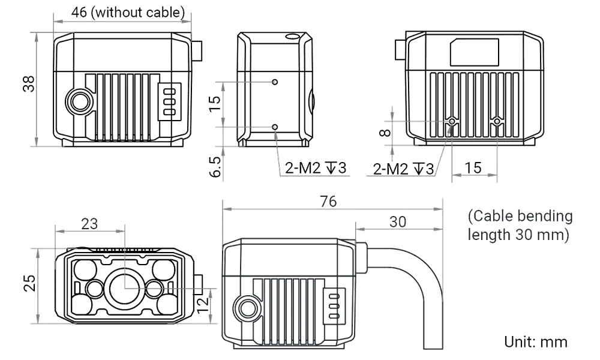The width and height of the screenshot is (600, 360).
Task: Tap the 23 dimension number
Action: click(x=89, y=224)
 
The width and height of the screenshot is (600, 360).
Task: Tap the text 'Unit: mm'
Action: click(x=536, y=342)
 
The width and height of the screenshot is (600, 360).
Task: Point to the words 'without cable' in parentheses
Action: click(x=139, y=13)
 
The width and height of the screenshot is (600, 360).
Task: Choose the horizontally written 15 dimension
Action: click(x=474, y=168)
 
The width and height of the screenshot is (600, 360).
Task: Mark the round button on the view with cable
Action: click(x=246, y=308)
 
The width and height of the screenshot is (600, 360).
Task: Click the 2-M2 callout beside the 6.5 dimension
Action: click(x=315, y=169)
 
